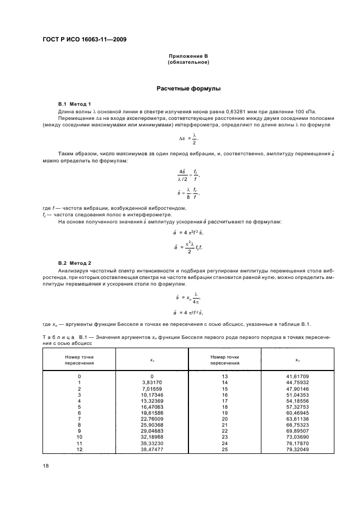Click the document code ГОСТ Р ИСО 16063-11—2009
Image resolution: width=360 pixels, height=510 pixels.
pyautogui.click(x=82, y=39)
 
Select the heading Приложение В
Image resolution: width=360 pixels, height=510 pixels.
pyautogui.click(x=188, y=57)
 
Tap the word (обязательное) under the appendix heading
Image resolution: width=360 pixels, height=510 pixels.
pyautogui.click(x=188, y=62)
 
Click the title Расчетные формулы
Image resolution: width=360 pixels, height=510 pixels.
pyautogui.click(x=188, y=88)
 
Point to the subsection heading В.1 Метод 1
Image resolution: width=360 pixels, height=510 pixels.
pyautogui.click(x=74, y=104)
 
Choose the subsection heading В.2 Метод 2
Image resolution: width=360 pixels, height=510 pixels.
pyautogui.click(x=74, y=263)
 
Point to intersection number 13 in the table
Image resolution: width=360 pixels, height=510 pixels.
pyautogui.click(x=224, y=376)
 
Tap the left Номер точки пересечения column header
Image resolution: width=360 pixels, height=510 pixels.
pyautogui.click(x=79, y=360)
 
